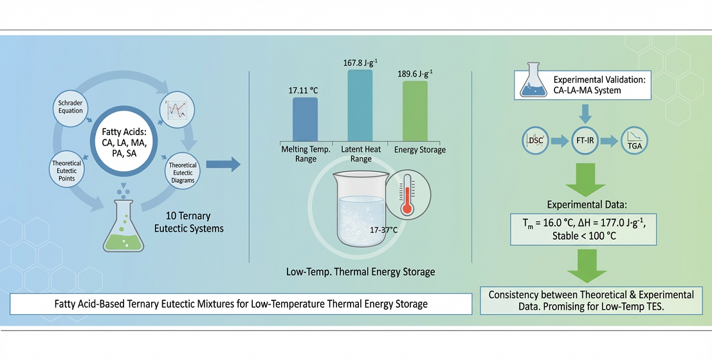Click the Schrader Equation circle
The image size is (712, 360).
(71, 107)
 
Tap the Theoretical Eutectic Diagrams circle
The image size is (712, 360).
(183, 172)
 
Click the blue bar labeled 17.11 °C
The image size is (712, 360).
(305, 118)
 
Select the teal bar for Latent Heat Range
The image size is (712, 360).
(360, 104)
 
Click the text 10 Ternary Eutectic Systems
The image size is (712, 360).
(190, 222)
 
